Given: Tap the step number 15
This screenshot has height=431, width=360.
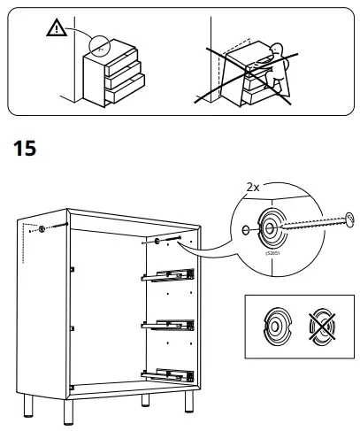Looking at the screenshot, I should (25, 148).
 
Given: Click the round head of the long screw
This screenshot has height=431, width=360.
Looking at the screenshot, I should (349, 215).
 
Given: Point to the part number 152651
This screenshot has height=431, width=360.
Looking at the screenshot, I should (271, 252).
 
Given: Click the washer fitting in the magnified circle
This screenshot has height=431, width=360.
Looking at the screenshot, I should (270, 227).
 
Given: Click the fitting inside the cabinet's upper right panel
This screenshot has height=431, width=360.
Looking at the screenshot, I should (157, 241).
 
